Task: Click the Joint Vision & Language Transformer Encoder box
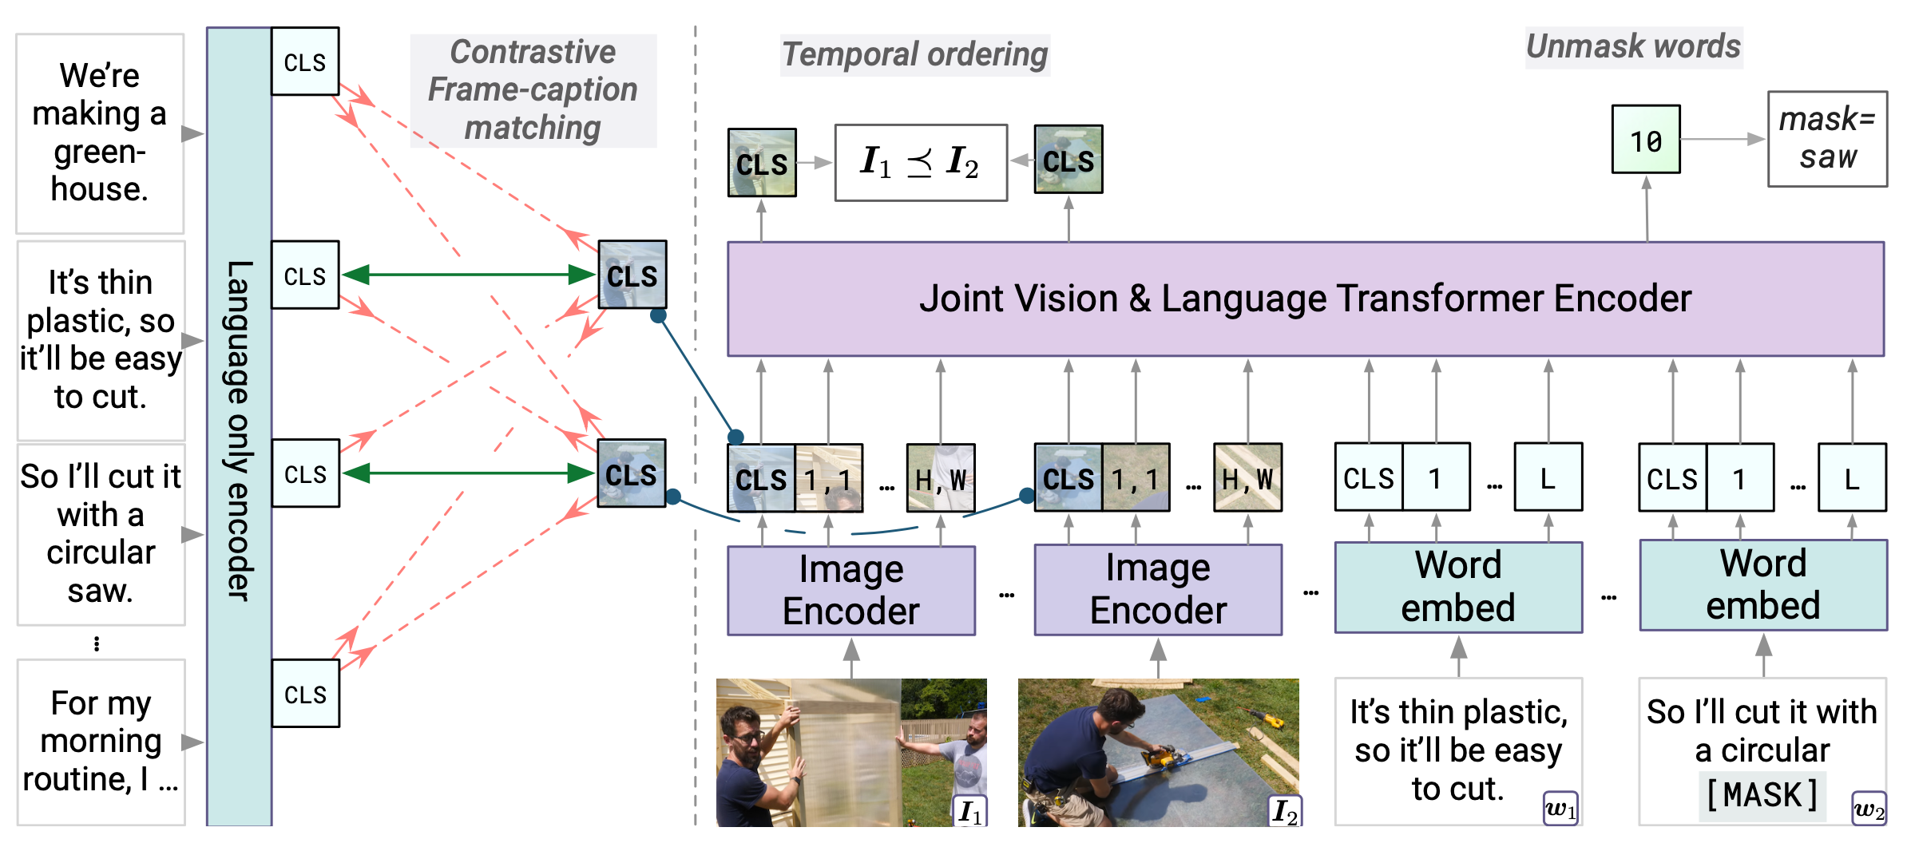pyautogui.click(x=1305, y=299)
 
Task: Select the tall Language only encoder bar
pyautogui.click(x=239, y=427)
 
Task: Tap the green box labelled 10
pyautogui.click(x=1645, y=140)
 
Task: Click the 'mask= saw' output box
pyautogui.click(x=1827, y=139)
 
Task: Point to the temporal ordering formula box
pyautogui.click(x=920, y=163)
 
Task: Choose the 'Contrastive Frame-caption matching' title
pyautogui.click(x=533, y=90)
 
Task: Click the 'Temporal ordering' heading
pyautogui.click(x=914, y=55)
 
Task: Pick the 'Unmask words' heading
pyautogui.click(x=1633, y=46)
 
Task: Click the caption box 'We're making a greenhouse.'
pyautogui.click(x=100, y=133)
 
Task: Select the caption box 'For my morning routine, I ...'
pyautogui.click(x=101, y=742)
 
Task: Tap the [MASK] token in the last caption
pyautogui.click(x=1762, y=795)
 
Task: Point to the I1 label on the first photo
pyautogui.click(x=970, y=811)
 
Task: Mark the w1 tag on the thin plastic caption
pyautogui.click(x=1560, y=809)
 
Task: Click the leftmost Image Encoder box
pyautogui.click(x=851, y=591)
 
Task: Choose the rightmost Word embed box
pyautogui.click(x=1762, y=585)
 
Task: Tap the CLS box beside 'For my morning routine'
pyautogui.click(x=305, y=694)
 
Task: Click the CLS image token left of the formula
pyautogui.click(x=762, y=163)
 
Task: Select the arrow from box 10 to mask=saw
pyautogui.click(x=1723, y=140)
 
